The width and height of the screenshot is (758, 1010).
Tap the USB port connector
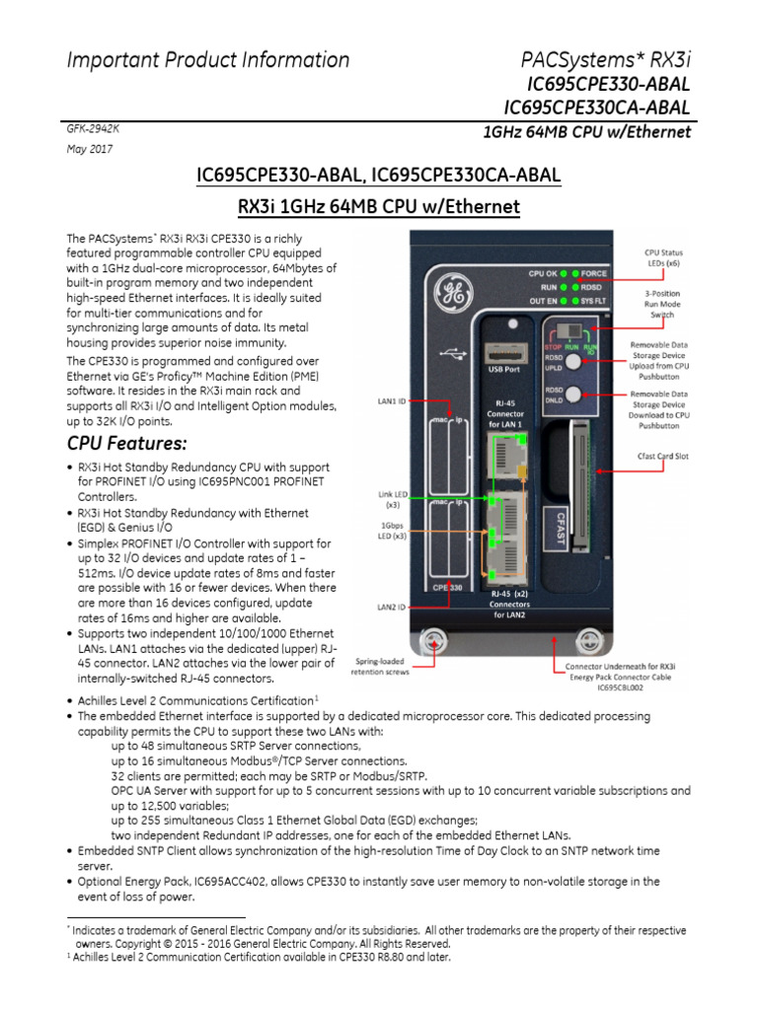click(x=503, y=351)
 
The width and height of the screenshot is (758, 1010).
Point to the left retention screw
click(x=433, y=642)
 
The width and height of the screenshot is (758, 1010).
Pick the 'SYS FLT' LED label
click(x=594, y=301)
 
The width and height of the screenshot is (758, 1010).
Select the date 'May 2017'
click(x=89, y=149)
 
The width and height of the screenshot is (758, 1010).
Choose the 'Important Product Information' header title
click(x=207, y=60)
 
